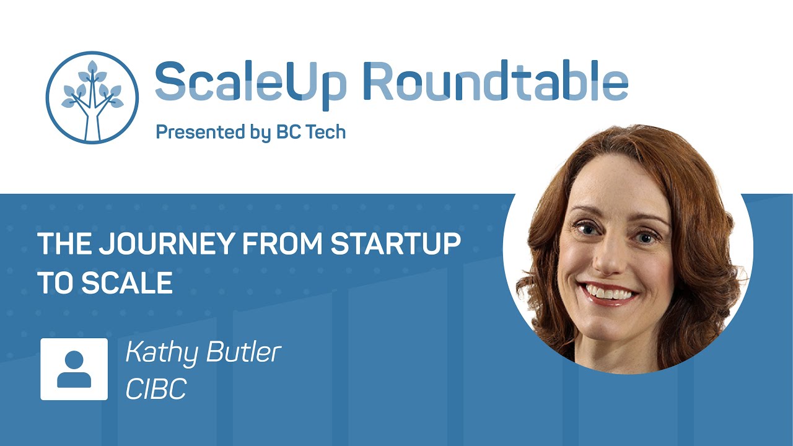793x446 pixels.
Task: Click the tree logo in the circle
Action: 92,98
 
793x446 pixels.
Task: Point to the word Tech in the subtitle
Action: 323,132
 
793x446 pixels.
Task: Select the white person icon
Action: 74,369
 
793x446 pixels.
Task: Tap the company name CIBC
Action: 156,389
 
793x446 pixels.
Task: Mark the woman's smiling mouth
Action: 611,292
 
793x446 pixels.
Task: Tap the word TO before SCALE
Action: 56,283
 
